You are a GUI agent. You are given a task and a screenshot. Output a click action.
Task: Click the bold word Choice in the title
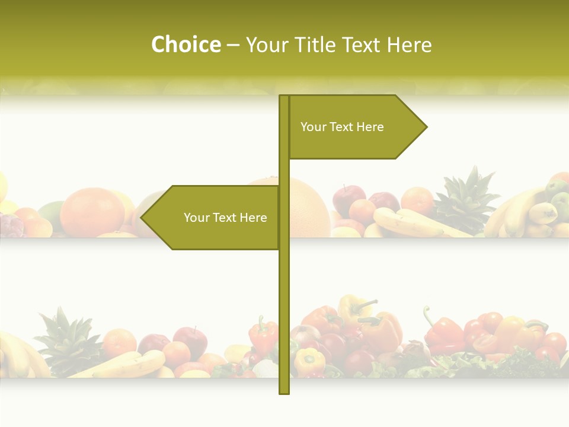[186, 44]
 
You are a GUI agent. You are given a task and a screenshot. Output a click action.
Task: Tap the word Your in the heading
[266, 44]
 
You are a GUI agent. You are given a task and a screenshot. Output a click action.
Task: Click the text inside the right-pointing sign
[342, 127]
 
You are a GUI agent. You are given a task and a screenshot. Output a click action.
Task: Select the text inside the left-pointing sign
[225, 218]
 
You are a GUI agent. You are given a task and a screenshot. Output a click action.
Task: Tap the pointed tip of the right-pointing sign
[426, 127]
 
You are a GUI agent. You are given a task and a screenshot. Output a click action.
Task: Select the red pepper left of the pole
[263, 335]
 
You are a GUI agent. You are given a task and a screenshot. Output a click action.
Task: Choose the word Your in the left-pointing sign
[196, 218]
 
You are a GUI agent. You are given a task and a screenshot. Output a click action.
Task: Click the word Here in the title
[410, 44]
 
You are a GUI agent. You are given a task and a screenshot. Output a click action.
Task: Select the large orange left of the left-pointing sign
[92, 211]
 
